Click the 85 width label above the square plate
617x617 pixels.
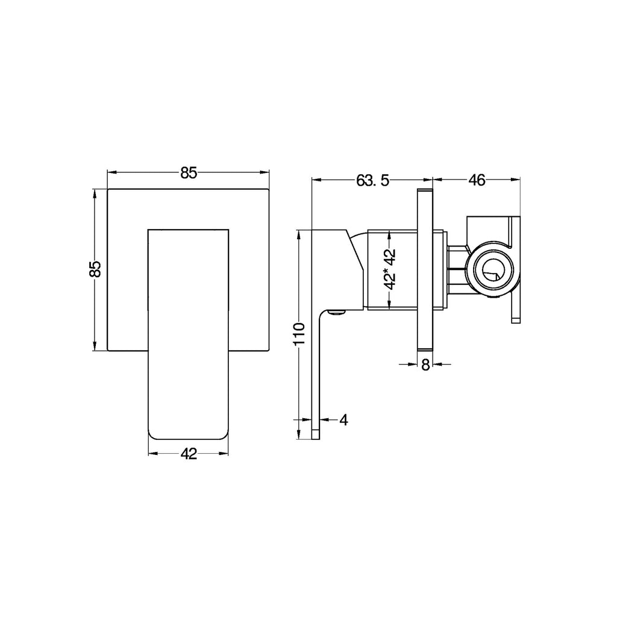tap(188, 173)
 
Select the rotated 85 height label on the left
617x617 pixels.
tap(95, 269)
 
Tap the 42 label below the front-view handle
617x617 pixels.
tap(189, 453)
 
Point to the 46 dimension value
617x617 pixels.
tap(477, 180)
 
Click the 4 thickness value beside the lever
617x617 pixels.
tap(343, 419)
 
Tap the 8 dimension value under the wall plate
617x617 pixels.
tap(425, 365)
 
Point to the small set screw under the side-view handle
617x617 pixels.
tap(337, 312)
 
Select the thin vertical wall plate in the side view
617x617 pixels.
tap(425, 269)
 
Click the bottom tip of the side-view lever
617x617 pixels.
tap(316, 436)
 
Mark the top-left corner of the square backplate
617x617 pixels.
tap(108, 189)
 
